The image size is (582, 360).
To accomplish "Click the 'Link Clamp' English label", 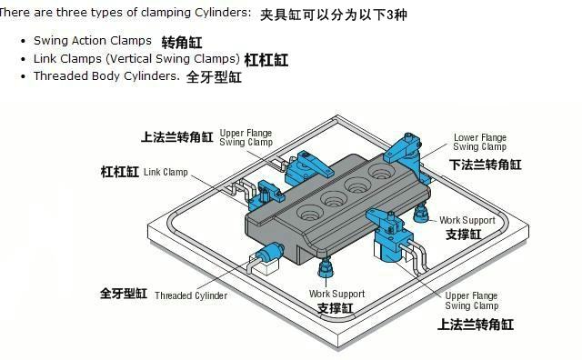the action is coord(166,172).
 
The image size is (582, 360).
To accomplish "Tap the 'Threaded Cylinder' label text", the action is coord(191,295).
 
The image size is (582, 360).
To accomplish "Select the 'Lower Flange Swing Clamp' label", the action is coord(480,142).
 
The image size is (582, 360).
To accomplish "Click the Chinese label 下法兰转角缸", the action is coord(485,165).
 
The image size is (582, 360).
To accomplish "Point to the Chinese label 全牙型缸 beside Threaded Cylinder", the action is coord(124,294).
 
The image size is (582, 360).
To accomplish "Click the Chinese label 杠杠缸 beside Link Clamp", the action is coord(119,172).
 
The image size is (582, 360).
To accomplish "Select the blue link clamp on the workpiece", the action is coord(265,195).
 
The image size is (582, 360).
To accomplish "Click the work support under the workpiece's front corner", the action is coord(326,267).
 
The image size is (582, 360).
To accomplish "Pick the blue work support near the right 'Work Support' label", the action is coord(420,213).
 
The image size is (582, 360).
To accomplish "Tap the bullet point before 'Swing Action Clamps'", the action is coord(24,41).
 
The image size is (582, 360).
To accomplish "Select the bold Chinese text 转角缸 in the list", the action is coord(182,43).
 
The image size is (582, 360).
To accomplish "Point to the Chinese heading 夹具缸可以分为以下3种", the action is coord(334,15).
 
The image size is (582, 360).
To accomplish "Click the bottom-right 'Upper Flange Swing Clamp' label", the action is coord(471,301).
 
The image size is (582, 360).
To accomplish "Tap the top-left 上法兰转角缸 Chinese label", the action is coord(176,137).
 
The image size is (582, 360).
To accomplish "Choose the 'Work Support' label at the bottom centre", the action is coord(336,294).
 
